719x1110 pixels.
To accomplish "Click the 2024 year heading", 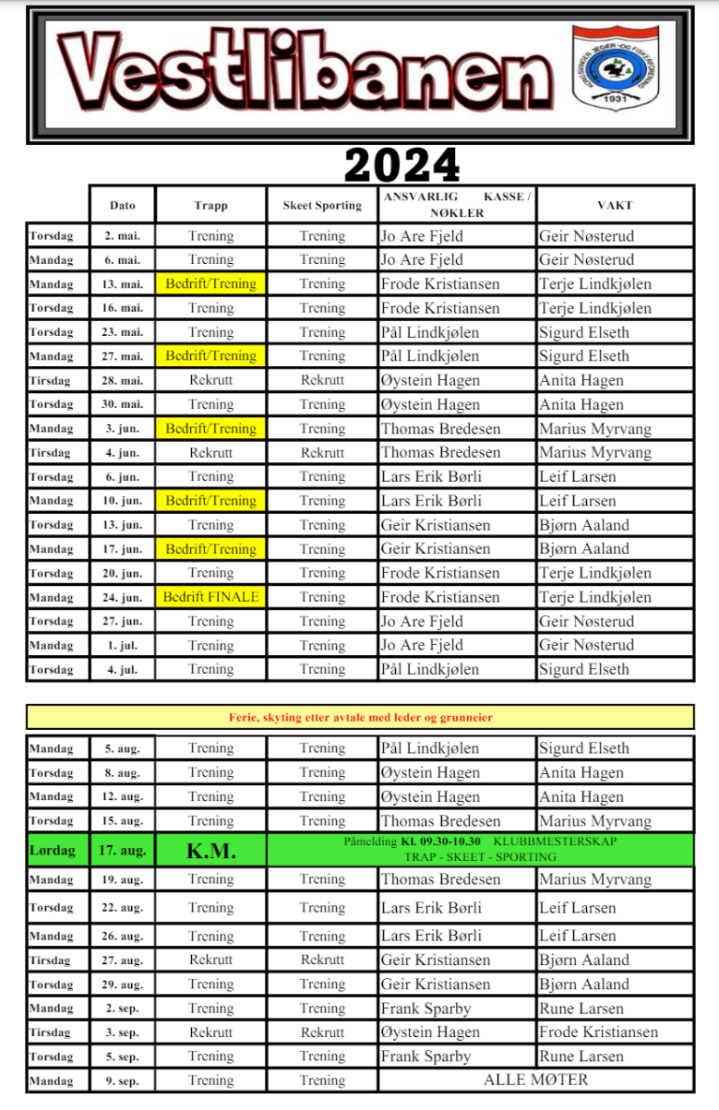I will (x=403, y=166).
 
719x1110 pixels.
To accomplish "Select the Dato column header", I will (x=123, y=205).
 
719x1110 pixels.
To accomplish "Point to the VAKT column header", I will (x=615, y=205).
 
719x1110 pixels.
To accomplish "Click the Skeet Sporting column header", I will (x=322, y=205).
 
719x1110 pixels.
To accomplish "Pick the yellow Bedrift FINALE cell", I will (x=211, y=597).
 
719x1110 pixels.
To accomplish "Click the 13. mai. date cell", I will (x=123, y=284).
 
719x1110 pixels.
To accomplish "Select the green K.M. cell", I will (x=211, y=850).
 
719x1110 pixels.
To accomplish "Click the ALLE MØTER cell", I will (x=536, y=1080).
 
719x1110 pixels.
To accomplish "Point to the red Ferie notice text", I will (x=360, y=718).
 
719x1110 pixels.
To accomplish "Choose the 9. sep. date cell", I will (x=123, y=1080).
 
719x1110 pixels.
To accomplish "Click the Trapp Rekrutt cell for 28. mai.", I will (x=211, y=380).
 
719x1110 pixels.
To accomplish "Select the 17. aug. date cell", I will (x=123, y=850).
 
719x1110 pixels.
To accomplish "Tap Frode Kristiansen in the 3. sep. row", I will (x=598, y=1032).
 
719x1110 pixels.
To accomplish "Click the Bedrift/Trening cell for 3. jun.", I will (x=211, y=429).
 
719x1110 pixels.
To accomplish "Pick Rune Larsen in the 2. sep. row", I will (x=581, y=1008).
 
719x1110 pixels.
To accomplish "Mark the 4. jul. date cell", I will (x=123, y=669).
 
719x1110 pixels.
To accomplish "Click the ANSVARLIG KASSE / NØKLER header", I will (x=457, y=205).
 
